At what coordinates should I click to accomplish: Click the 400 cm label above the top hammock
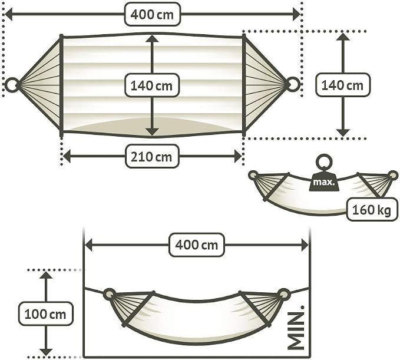click(x=153, y=14)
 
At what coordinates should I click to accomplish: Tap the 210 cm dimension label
click(x=152, y=156)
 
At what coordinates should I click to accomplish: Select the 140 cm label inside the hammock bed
click(x=152, y=85)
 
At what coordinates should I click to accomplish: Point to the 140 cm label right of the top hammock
click(x=343, y=85)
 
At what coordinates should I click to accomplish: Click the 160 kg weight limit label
click(x=372, y=210)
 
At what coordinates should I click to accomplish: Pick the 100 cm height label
click(x=46, y=314)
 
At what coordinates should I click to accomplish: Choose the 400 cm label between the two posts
click(x=197, y=245)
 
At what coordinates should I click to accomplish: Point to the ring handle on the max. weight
click(x=324, y=162)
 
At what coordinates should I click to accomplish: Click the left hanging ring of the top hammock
click(x=12, y=85)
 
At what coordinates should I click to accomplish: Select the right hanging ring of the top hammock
click(x=293, y=84)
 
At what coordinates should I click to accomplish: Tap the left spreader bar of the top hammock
click(x=61, y=85)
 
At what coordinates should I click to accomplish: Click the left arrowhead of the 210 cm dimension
click(x=67, y=156)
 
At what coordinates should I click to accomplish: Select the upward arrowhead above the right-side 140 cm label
click(x=343, y=37)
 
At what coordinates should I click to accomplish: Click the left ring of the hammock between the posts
click(x=110, y=294)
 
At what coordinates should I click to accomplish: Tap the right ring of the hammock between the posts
click(x=283, y=294)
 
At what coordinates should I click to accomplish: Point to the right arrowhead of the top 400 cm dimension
click(x=296, y=14)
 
